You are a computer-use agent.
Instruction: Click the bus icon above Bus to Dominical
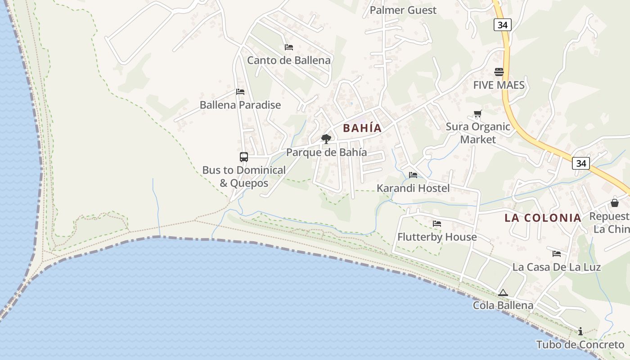pyautogui.click(x=243, y=157)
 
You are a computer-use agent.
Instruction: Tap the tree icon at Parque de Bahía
pyautogui.click(x=326, y=139)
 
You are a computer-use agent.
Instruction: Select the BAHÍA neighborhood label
pyautogui.click(x=362, y=128)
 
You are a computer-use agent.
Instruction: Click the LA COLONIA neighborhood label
pyautogui.click(x=543, y=218)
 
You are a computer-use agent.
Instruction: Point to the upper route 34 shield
pyautogui.click(x=502, y=25)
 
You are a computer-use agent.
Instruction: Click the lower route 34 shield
pyautogui.click(x=581, y=163)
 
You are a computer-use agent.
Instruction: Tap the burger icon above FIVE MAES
pyautogui.click(x=499, y=72)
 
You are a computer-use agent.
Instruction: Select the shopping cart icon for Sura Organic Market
pyautogui.click(x=477, y=114)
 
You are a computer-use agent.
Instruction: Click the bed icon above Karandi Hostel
pyautogui.click(x=413, y=175)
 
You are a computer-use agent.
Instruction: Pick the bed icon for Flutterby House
pyautogui.click(x=436, y=224)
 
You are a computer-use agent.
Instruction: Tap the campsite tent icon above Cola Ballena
pyautogui.click(x=503, y=293)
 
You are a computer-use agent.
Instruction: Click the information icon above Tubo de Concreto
pyautogui.click(x=580, y=332)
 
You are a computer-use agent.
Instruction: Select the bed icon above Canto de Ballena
pyautogui.click(x=288, y=47)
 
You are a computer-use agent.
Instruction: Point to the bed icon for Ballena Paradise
pyautogui.click(x=240, y=92)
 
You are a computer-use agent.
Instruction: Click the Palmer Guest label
pyautogui.click(x=403, y=10)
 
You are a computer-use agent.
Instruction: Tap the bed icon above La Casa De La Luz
pyautogui.click(x=556, y=254)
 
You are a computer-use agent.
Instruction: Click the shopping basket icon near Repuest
pyautogui.click(x=614, y=203)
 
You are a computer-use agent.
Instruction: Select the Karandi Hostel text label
pyautogui.click(x=413, y=188)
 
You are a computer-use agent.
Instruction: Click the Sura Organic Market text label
pyautogui.click(x=477, y=133)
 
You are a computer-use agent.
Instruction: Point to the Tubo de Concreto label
pyautogui.click(x=580, y=345)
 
